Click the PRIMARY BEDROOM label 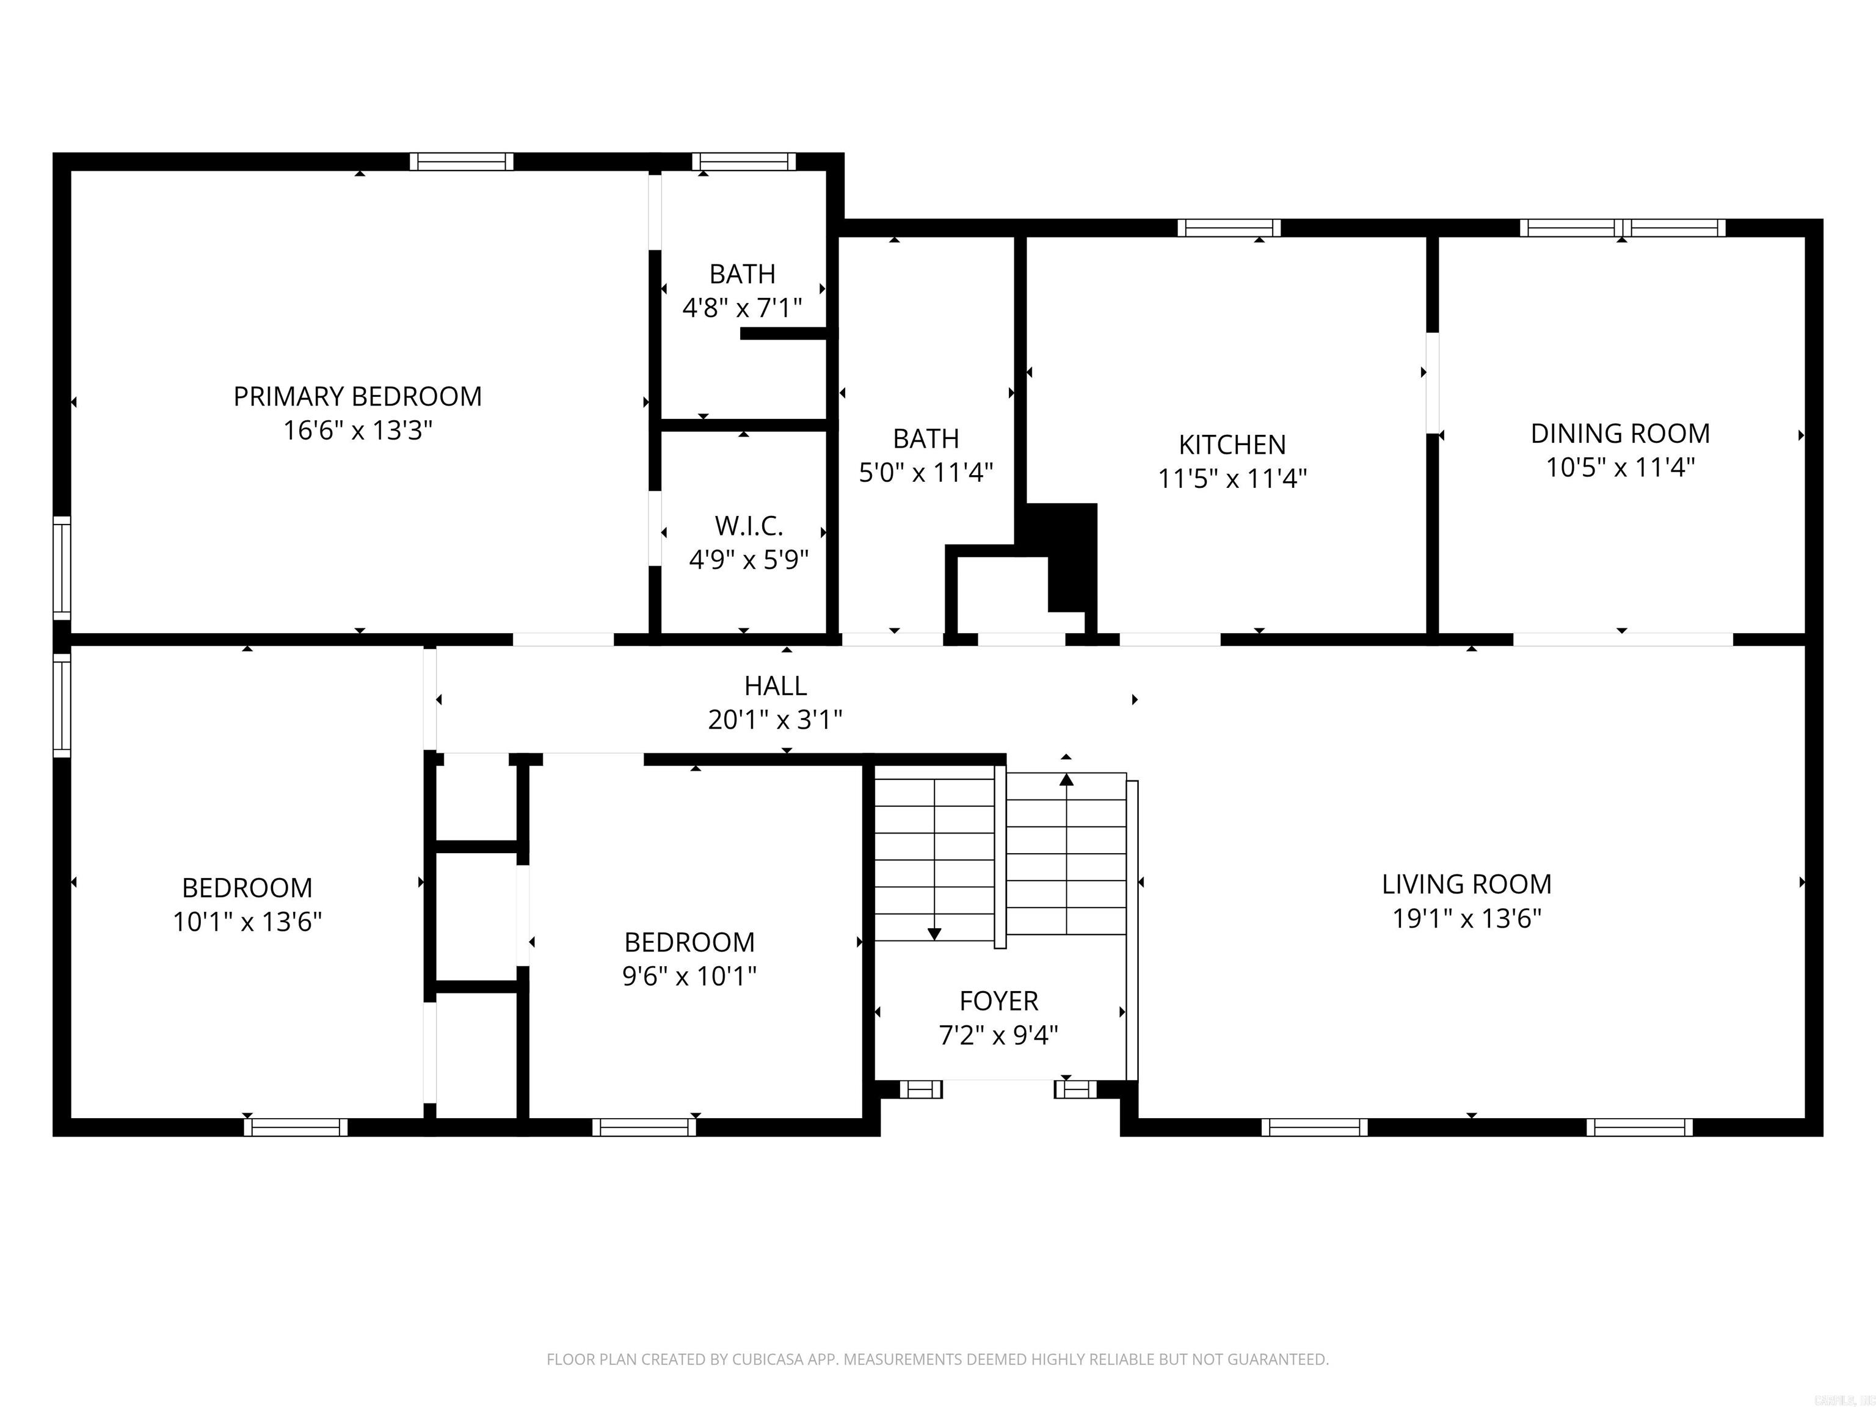tap(357, 396)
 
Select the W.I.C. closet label tap(748, 526)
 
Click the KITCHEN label tap(1232, 445)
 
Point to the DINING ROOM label tap(1620, 434)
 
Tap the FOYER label tap(998, 1001)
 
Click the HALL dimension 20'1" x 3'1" tap(775, 720)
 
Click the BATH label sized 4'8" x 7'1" tap(742, 274)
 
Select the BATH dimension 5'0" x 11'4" tap(925, 473)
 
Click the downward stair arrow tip tap(934, 934)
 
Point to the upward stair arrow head tap(1066, 779)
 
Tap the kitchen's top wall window tap(1229, 227)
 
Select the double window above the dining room tap(1621, 227)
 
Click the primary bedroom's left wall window tap(62, 567)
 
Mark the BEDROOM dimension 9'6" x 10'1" tap(689, 976)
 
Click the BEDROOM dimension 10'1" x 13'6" tap(247, 922)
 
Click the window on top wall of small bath tap(744, 161)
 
